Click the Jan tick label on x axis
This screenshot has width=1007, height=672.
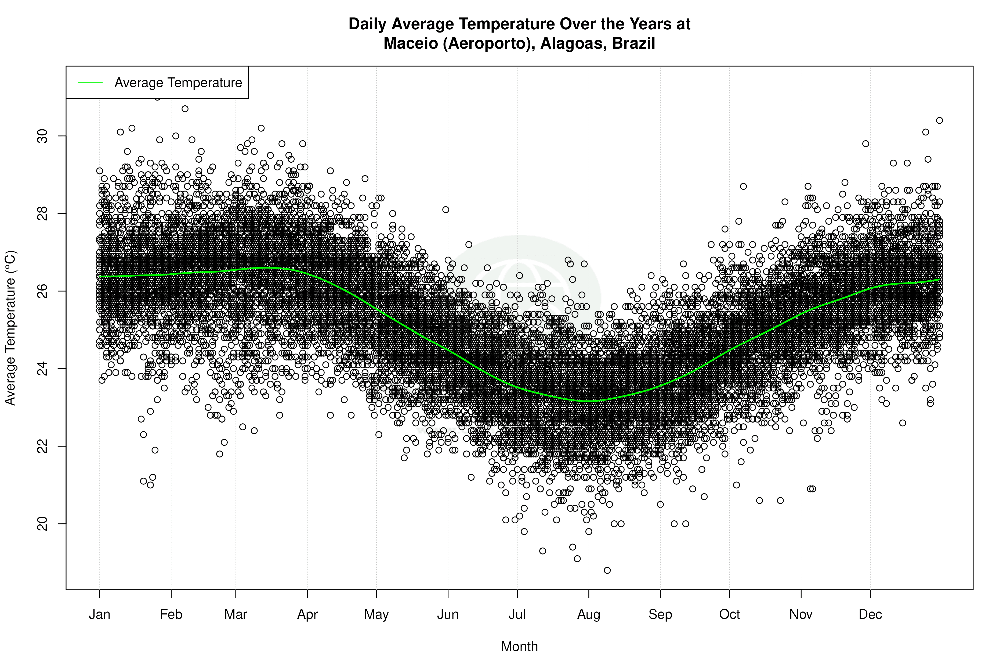99,614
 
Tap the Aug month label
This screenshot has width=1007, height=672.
588,614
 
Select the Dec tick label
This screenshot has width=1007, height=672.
870,614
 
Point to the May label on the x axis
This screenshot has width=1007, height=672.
376,614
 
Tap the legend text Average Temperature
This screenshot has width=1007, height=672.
178,83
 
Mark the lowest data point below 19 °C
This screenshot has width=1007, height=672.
607,570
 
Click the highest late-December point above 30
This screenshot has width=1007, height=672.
939,120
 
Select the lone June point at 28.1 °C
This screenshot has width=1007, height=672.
446,210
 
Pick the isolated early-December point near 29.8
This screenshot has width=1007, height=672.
866,144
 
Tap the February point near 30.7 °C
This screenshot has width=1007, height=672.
185,109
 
